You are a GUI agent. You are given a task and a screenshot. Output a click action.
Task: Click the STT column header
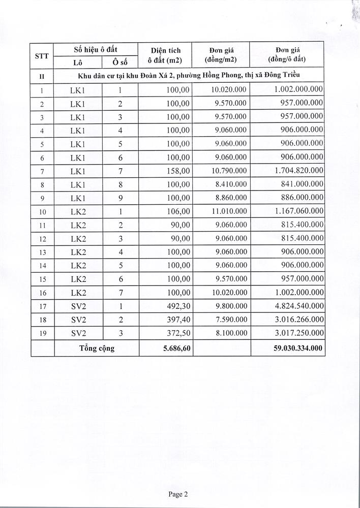point(42,56)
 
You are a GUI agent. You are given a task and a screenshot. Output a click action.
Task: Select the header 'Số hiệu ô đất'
point(97,49)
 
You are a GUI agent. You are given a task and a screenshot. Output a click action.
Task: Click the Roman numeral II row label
point(42,76)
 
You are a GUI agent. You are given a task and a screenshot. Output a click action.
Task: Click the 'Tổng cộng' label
point(97,348)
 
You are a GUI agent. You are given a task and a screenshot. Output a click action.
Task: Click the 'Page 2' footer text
point(178,493)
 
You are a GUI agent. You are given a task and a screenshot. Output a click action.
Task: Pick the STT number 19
point(42,334)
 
